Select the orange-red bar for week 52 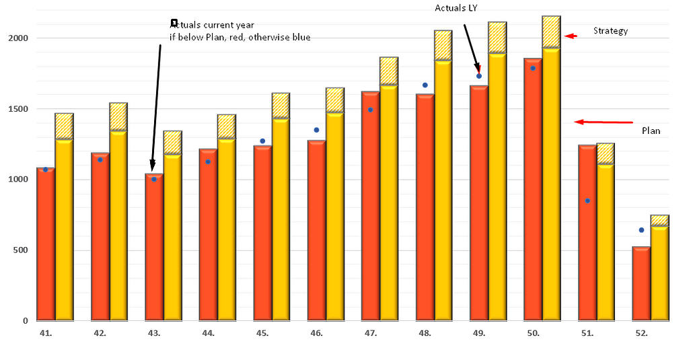coord(641,285)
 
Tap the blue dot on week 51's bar coord(587,201)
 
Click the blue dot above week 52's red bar coord(641,230)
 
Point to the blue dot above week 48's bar coord(425,85)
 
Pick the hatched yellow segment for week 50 coord(551,32)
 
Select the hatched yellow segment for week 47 coord(389,71)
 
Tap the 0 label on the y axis coord(25,321)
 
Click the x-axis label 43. coord(154,334)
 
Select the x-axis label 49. coord(479,334)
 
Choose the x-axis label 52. coord(641,334)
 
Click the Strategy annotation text coord(610,31)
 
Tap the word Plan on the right coord(650,131)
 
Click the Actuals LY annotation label coord(456,7)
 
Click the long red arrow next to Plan coord(604,122)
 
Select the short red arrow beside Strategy coord(571,36)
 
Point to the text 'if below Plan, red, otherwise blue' coord(240,38)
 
